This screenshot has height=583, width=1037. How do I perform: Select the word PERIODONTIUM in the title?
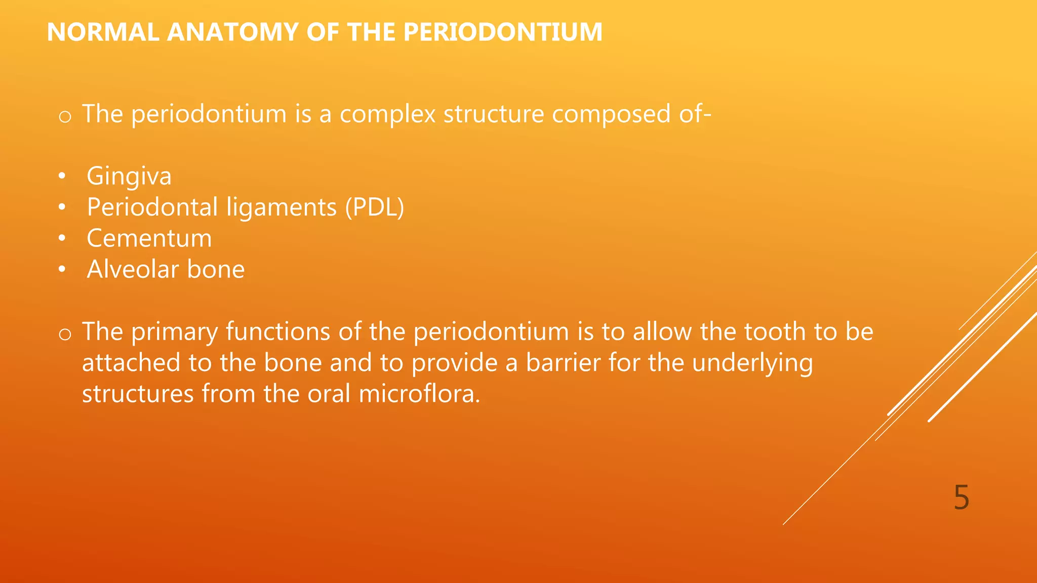pos(502,32)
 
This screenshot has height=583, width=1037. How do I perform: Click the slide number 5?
pos(961,497)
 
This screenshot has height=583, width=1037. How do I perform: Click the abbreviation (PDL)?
pos(374,207)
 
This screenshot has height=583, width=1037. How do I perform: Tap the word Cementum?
pos(149,239)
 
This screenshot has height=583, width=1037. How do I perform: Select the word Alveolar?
pos(133,269)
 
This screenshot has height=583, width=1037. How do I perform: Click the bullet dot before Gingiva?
pos(62,177)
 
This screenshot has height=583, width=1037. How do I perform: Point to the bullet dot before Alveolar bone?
pos(62,270)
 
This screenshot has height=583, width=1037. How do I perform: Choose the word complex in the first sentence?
pos(387,114)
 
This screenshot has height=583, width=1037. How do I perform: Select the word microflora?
pos(419,394)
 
